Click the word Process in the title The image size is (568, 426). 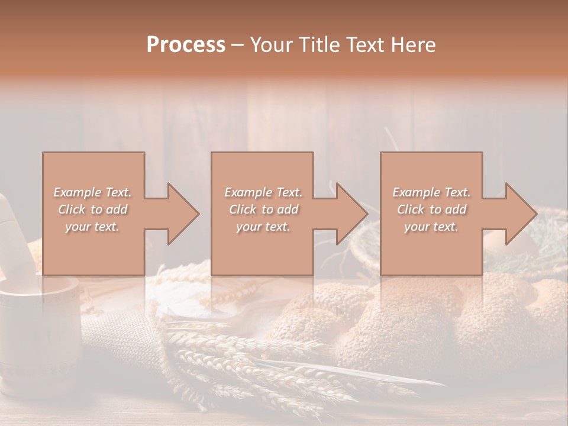pos(186,45)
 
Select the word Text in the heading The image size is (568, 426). pos(367,45)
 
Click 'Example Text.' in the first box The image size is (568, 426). pos(92,192)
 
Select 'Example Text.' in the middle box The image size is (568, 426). pos(263,192)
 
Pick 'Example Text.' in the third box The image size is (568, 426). pos(431,192)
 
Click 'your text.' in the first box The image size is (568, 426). pos(92,227)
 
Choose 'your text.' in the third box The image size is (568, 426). pos(431,227)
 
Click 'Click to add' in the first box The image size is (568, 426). pos(92,209)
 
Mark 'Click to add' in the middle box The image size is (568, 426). pos(263,209)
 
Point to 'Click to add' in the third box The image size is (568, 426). pos(431,209)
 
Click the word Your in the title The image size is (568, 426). pos(272,45)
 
